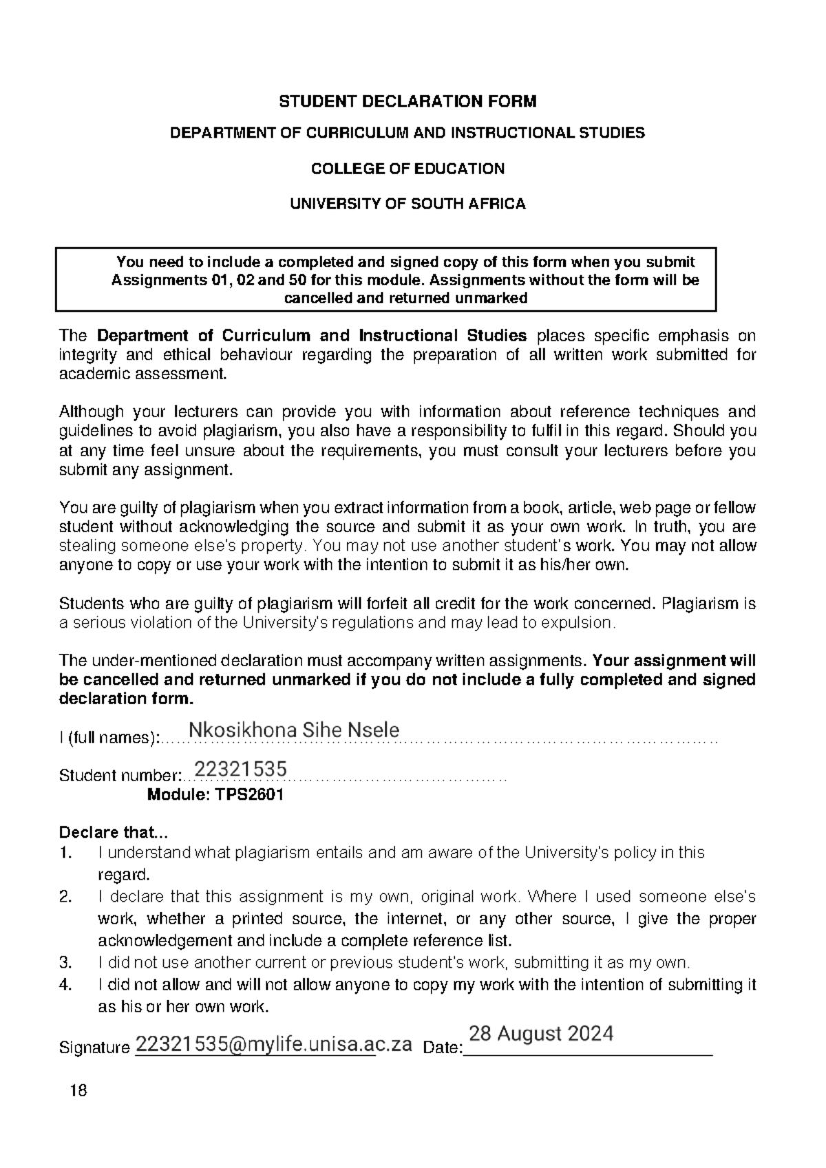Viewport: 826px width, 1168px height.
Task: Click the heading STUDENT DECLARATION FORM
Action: tap(407, 102)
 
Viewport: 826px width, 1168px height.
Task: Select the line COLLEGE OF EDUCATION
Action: tap(407, 169)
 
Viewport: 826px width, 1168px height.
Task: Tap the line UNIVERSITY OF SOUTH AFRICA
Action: tap(407, 204)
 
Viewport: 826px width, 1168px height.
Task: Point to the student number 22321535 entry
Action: tap(240, 769)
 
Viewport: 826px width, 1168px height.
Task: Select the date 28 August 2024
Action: tap(540, 1034)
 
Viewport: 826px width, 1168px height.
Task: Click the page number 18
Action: tap(79, 1091)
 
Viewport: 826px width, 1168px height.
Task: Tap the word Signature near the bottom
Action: tap(94, 1048)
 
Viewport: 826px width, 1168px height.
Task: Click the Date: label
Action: tap(442, 1048)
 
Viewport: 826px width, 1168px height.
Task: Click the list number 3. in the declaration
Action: tap(65, 962)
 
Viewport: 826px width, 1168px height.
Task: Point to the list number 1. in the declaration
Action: tap(65, 853)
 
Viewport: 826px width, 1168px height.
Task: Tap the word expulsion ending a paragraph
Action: tap(580, 623)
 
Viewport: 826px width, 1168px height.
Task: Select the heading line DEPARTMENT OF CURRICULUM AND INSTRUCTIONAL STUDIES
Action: tap(407, 133)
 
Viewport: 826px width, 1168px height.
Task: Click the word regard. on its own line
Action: tap(123, 875)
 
